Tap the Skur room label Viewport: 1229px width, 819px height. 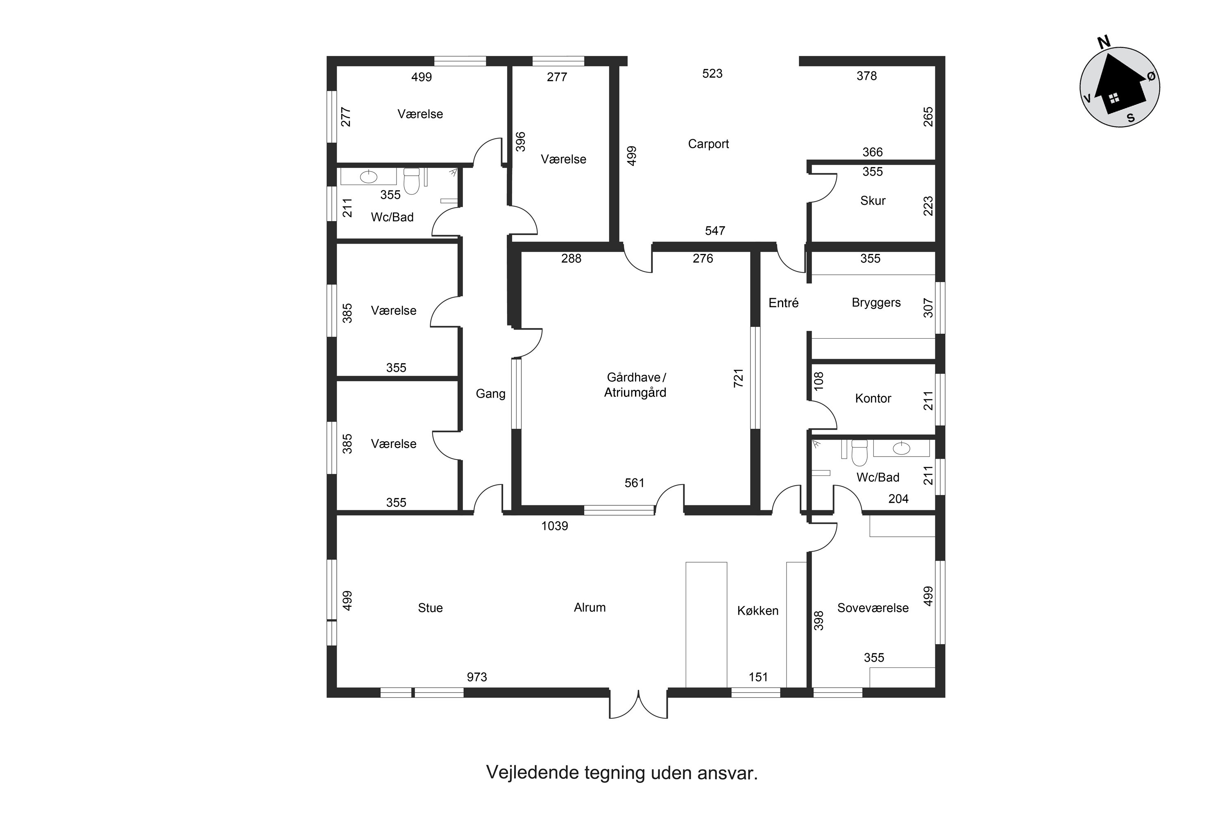(x=873, y=201)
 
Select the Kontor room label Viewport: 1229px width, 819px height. (x=873, y=398)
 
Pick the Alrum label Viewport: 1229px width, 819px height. (x=590, y=607)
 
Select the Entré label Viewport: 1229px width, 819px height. (x=783, y=303)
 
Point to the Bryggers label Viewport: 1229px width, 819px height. (x=876, y=303)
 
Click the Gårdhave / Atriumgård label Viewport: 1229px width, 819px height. (x=635, y=385)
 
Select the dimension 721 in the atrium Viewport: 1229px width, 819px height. (x=738, y=378)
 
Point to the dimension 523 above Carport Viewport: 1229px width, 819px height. (x=712, y=74)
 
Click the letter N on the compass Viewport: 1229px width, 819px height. (x=1104, y=42)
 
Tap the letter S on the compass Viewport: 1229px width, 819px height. (x=1131, y=118)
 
